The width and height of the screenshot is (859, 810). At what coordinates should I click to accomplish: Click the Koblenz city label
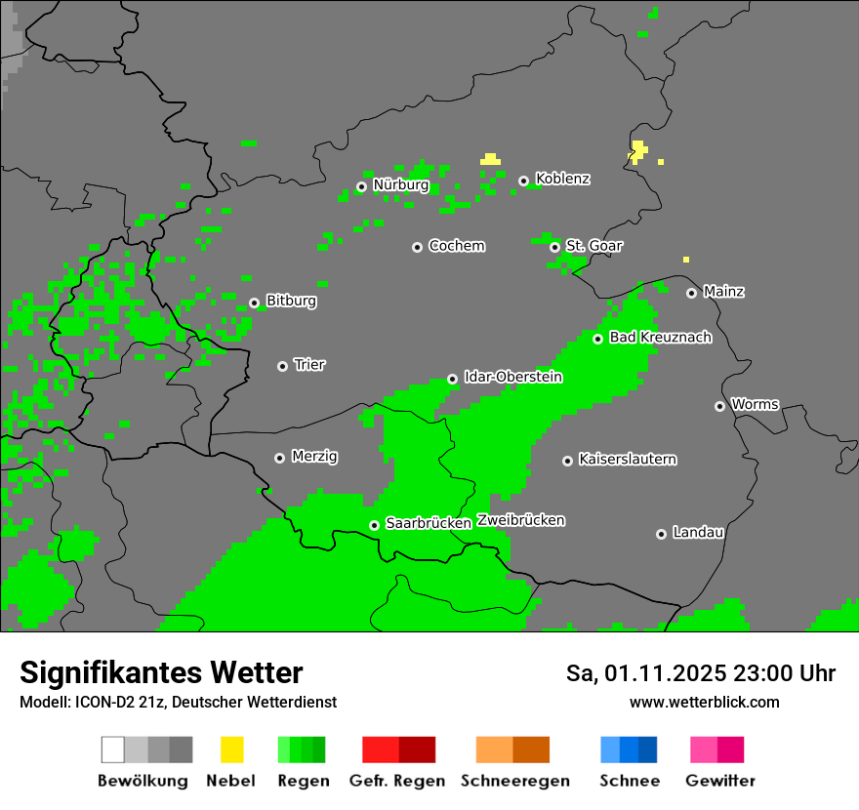(563, 180)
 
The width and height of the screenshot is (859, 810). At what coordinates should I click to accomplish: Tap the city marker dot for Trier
(282, 366)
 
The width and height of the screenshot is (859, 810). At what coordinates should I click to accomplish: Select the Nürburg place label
(401, 185)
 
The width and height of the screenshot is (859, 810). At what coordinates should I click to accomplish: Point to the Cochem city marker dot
(417, 247)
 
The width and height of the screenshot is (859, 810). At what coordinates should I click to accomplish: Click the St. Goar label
(594, 246)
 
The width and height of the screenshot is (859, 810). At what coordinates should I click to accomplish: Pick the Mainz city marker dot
(691, 293)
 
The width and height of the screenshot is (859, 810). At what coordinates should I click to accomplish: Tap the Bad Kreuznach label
(660, 338)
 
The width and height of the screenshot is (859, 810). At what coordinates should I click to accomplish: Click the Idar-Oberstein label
(513, 377)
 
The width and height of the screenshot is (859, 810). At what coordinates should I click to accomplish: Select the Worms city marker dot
(719, 406)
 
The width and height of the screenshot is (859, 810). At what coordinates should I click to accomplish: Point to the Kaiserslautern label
(628, 459)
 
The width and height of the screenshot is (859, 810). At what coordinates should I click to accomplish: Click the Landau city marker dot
(661, 534)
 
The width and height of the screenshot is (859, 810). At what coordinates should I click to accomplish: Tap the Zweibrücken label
(521, 520)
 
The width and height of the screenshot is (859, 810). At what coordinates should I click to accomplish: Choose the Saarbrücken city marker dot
(374, 525)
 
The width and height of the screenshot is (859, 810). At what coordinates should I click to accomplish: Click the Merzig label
(315, 457)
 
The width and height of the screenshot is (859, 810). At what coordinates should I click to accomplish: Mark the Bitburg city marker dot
(254, 303)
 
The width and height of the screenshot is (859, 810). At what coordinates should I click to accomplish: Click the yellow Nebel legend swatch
(232, 749)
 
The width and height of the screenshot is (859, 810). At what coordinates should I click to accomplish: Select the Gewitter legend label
(720, 781)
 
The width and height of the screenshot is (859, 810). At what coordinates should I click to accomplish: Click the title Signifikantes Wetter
(161, 672)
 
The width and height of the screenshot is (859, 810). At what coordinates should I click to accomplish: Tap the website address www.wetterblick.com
(704, 702)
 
